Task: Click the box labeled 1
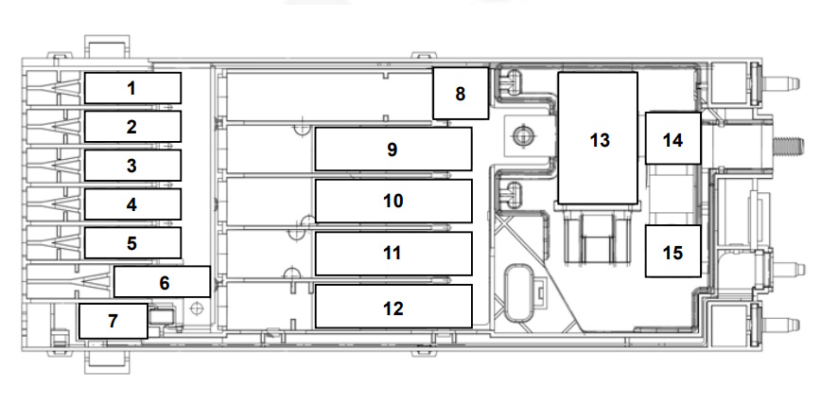(132, 88)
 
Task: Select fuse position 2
(132, 126)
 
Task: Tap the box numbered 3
(132, 166)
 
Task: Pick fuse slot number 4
(132, 203)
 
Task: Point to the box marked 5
(132, 242)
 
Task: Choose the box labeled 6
(162, 282)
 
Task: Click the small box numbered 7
(114, 321)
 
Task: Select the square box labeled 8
(461, 94)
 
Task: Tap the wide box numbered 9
(393, 149)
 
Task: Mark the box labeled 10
(393, 201)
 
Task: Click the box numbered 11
(393, 253)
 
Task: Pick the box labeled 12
(393, 307)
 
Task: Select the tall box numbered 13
(598, 138)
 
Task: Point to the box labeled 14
(673, 138)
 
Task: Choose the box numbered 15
(673, 252)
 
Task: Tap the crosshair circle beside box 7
(197, 309)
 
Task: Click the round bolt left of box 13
(522, 136)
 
